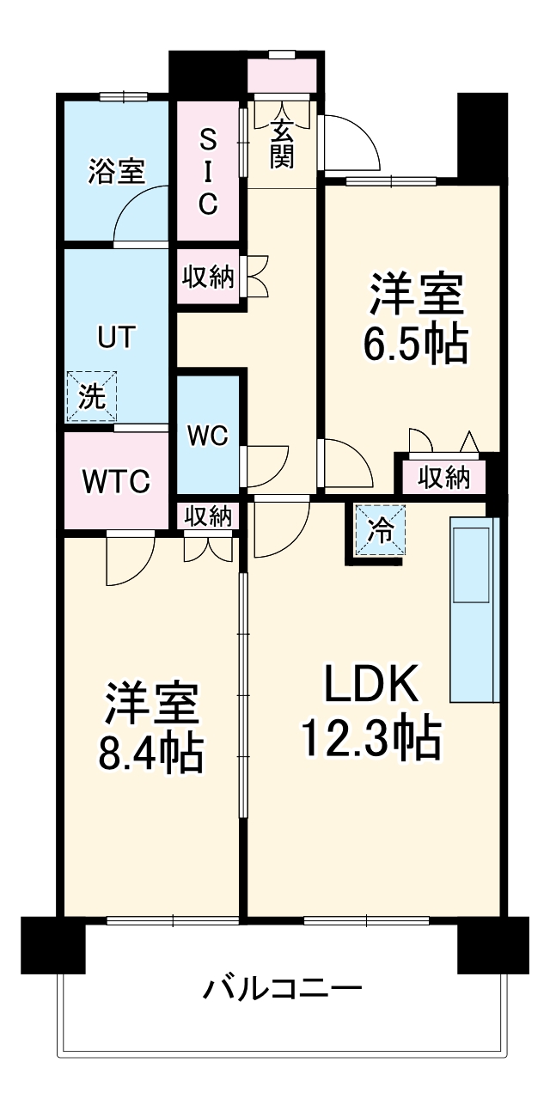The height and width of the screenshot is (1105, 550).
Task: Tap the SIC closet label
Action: coord(207,171)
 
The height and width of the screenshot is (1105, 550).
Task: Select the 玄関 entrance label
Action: coord(281,143)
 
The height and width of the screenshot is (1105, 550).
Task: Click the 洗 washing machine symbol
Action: coord(90,396)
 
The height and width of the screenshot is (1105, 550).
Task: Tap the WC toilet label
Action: coord(207,436)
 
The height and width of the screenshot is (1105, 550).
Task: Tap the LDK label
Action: coord(370,685)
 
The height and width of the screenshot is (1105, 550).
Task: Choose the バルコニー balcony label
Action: coord(282,989)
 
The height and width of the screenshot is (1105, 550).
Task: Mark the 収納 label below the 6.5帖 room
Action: coord(444,477)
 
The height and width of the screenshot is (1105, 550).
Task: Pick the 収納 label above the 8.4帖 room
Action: coord(208,516)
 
